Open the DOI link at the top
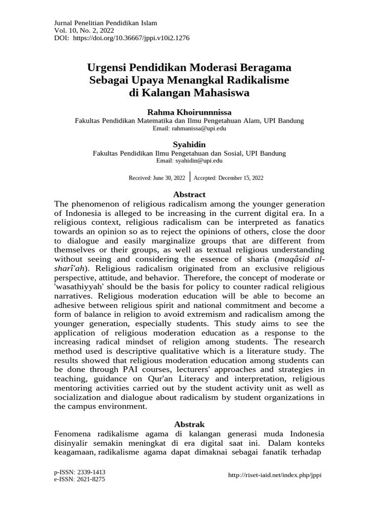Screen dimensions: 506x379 pos(131,38)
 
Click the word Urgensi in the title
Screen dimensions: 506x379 pos(107,67)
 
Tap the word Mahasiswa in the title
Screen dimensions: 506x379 pos(219,92)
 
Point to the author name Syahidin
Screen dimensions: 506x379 pos(189,145)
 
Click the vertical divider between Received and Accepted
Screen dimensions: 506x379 pos(189,177)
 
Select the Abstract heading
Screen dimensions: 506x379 pos(189,195)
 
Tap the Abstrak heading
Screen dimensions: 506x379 pos(189,424)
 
